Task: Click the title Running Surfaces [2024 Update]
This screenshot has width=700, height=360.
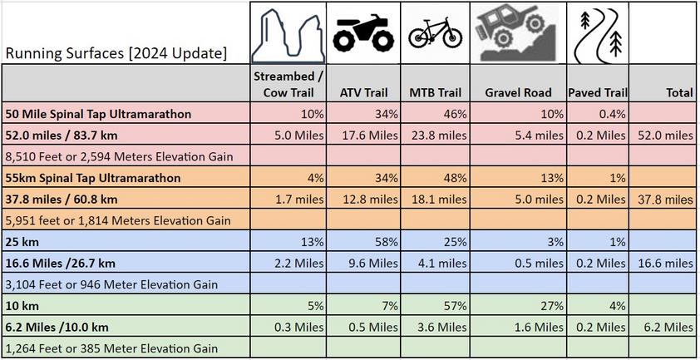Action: tap(116, 54)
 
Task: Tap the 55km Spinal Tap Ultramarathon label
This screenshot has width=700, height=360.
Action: tap(93, 178)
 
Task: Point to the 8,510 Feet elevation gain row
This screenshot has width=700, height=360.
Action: tap(116, 155)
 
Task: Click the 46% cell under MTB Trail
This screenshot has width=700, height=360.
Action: tap(454, 113)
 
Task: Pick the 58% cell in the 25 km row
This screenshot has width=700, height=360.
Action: tap(385, 242)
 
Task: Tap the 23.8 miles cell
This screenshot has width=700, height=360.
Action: tap(439, 135)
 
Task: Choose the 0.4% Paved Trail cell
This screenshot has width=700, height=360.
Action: tap(614, 113)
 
